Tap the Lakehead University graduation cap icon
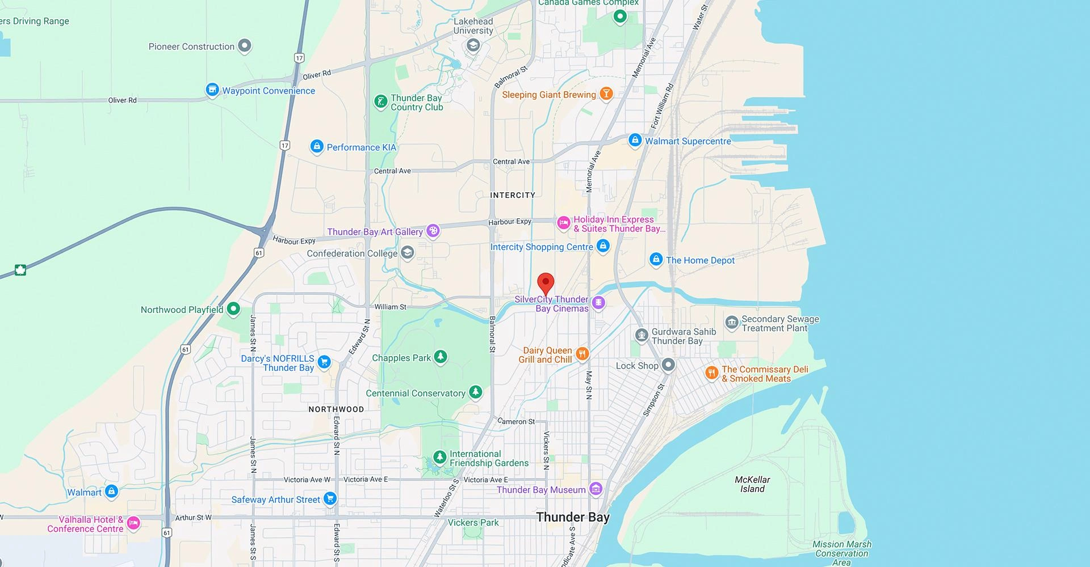coord(473,45)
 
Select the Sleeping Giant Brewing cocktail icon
coord(606,94)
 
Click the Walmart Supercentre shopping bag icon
coord(635,140)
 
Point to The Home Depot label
coord(700,260)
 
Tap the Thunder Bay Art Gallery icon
coord(433,231)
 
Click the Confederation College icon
coord(407,252)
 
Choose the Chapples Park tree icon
coord(440,357)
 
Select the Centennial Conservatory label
coord(416,393)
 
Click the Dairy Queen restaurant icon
coord(582,354)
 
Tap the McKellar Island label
coord(752,484)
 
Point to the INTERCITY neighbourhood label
coord(513,195)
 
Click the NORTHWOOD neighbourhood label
coord(336,409)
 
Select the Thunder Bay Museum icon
coord(596,489)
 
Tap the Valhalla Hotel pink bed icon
coord(133,523)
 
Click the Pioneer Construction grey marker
coord(245,46)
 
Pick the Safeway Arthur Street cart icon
coord(330,499)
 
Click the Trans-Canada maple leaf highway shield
coord(20,270)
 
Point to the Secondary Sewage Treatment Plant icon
coord(732,323)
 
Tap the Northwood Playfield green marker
coord(233,309)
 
